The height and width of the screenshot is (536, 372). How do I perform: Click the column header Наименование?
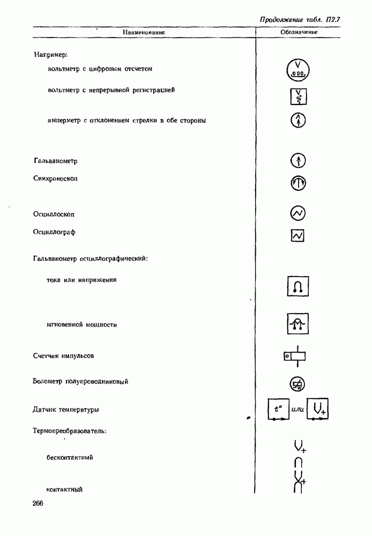[x=144, y=33]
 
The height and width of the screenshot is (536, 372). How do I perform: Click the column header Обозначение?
[x=299, y=33]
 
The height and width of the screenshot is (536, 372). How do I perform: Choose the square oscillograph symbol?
[x=298, y=235]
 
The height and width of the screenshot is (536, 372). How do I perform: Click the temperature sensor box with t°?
[x=278, y=410]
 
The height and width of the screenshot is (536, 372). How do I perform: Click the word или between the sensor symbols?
[x=298, y=411]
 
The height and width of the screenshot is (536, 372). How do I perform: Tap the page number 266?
[x=38, y=503]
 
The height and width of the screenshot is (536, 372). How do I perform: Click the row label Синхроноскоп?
[x=55, y=178]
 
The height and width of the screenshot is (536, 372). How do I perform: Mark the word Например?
[x=50, y=54]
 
